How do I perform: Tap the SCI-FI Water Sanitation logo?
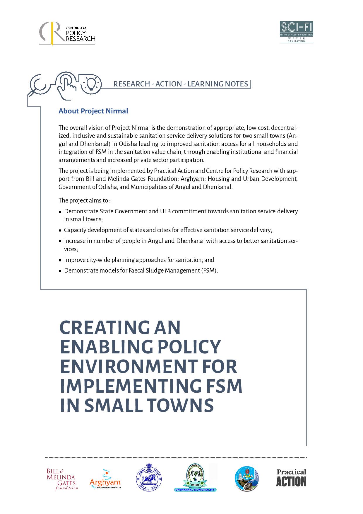coord(296,32)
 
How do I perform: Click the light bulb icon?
coord(91,82)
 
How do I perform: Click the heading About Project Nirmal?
coord(93,111)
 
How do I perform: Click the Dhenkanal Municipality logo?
coord(195,478)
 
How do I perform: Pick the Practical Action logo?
coord(291,478)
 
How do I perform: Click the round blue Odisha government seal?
coord(149,478)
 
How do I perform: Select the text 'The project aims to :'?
coord(84,200)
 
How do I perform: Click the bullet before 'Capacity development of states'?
coord(60,230)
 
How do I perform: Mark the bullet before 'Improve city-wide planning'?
coord(60,260)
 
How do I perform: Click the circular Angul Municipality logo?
coord(246,479)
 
